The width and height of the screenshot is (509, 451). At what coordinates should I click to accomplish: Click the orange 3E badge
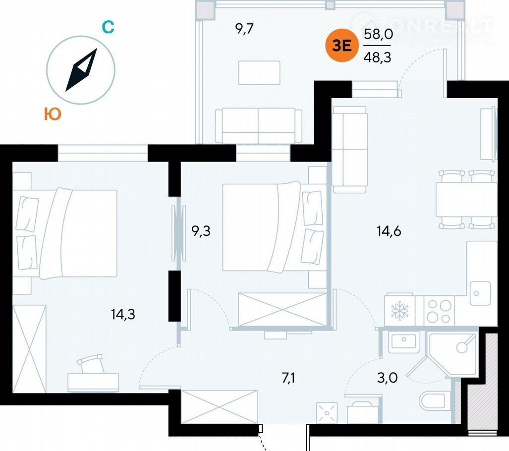pos(341,46)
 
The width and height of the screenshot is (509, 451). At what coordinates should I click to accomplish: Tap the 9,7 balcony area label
pos(244,29)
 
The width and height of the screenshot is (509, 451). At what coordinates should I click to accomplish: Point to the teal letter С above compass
pos(108,27)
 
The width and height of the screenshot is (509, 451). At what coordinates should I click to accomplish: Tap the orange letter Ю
pos(53,114)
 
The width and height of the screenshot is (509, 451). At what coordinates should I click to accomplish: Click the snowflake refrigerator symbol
pos(398,311)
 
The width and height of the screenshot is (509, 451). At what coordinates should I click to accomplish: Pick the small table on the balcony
pos(259,73)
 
